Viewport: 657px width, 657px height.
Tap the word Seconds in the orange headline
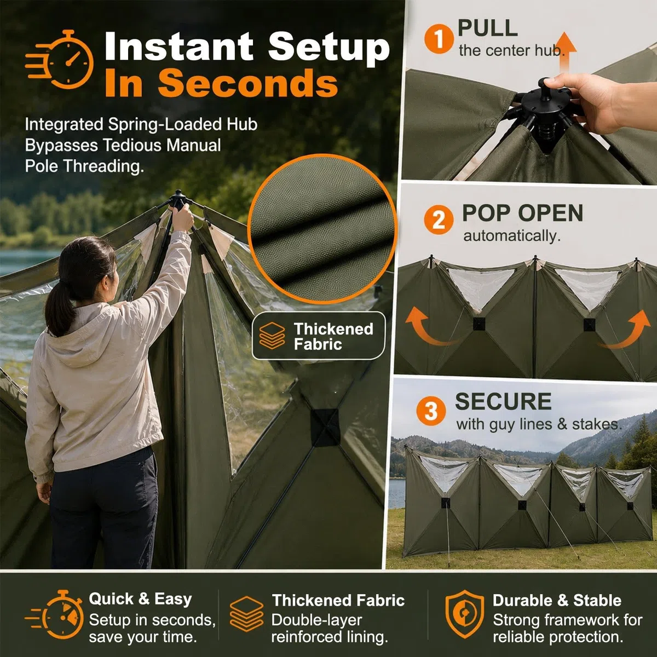(248, 83)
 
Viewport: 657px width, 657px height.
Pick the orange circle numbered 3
(431, 411)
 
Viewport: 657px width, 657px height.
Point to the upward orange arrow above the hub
(564, 53)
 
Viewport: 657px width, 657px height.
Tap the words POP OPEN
(522, 213)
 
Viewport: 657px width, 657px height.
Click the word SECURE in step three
(503, 401)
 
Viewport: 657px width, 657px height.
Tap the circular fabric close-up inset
(322, 228)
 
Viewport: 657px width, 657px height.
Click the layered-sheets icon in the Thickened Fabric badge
(272, 336)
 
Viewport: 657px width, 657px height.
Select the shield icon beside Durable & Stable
(464, 614)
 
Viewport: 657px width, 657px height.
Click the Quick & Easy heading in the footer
(140, 599)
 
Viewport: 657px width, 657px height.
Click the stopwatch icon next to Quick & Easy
(55, 615)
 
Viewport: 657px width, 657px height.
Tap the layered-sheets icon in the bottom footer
(246, 614)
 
